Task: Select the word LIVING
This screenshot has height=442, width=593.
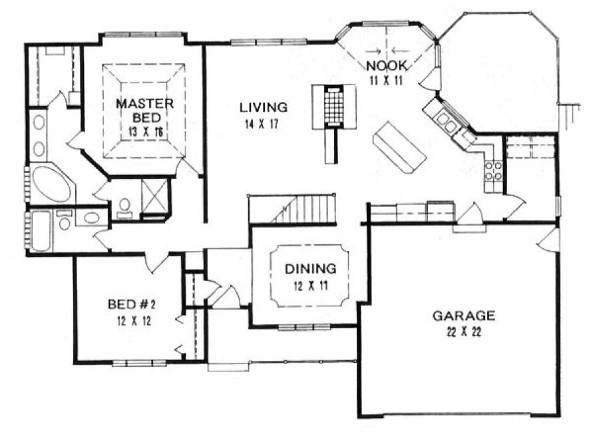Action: tap(264, 107)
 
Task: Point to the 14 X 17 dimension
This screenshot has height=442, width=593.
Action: tap(264, 123)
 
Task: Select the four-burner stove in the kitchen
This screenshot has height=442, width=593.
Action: tap(494, 171)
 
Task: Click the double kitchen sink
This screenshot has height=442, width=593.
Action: tap(446, 122)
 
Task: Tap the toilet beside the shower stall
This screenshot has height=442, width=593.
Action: tap(124, 207)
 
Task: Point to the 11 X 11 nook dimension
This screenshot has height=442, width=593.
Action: tap(385, 79)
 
